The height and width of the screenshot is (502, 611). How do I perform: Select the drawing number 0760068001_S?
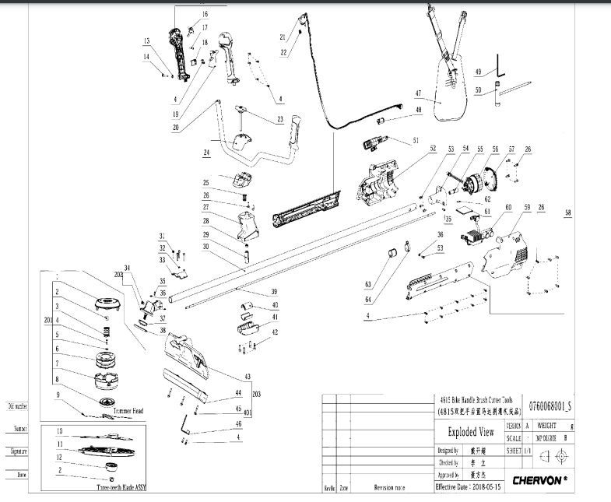coord(551,404)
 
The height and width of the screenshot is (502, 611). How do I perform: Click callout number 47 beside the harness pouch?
coord(418,93)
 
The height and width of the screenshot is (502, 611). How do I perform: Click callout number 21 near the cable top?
coord(283,37)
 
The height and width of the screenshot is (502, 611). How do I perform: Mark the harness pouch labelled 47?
coord(448,92)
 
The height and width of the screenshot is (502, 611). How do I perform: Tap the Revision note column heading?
coord(390,488)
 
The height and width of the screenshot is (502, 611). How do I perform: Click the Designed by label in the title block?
coord(448,450)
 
